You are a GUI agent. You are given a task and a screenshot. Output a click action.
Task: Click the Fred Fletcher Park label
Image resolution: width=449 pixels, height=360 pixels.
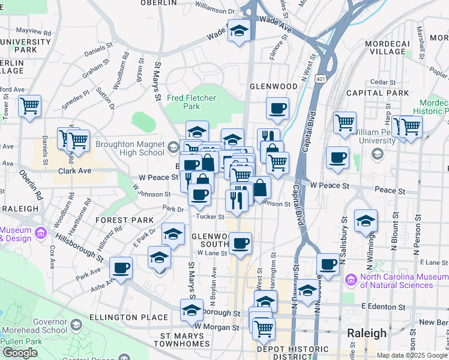[x=191, y=102]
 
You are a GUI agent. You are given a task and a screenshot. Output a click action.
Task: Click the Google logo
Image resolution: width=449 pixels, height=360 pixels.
[x=20, y=353]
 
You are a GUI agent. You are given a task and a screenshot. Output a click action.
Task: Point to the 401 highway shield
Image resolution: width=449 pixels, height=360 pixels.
[x=321, y=79]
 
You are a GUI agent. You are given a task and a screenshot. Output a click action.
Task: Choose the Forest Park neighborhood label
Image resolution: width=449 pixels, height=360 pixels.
[x=124, y=220]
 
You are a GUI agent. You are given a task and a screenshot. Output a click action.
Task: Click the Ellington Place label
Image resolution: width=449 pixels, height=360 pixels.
[x=128, y=317]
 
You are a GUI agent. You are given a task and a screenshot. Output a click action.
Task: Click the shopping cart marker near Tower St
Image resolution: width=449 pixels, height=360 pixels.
[x=29, y=107]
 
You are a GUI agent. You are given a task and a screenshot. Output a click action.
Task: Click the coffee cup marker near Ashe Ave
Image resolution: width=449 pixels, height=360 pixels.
[x=121, y=268]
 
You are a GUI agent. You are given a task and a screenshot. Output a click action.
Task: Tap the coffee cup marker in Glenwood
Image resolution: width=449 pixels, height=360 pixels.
[x=277, y=109]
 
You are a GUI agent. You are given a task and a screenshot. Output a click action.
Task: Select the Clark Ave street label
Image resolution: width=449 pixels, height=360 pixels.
[x=74, y=171]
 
